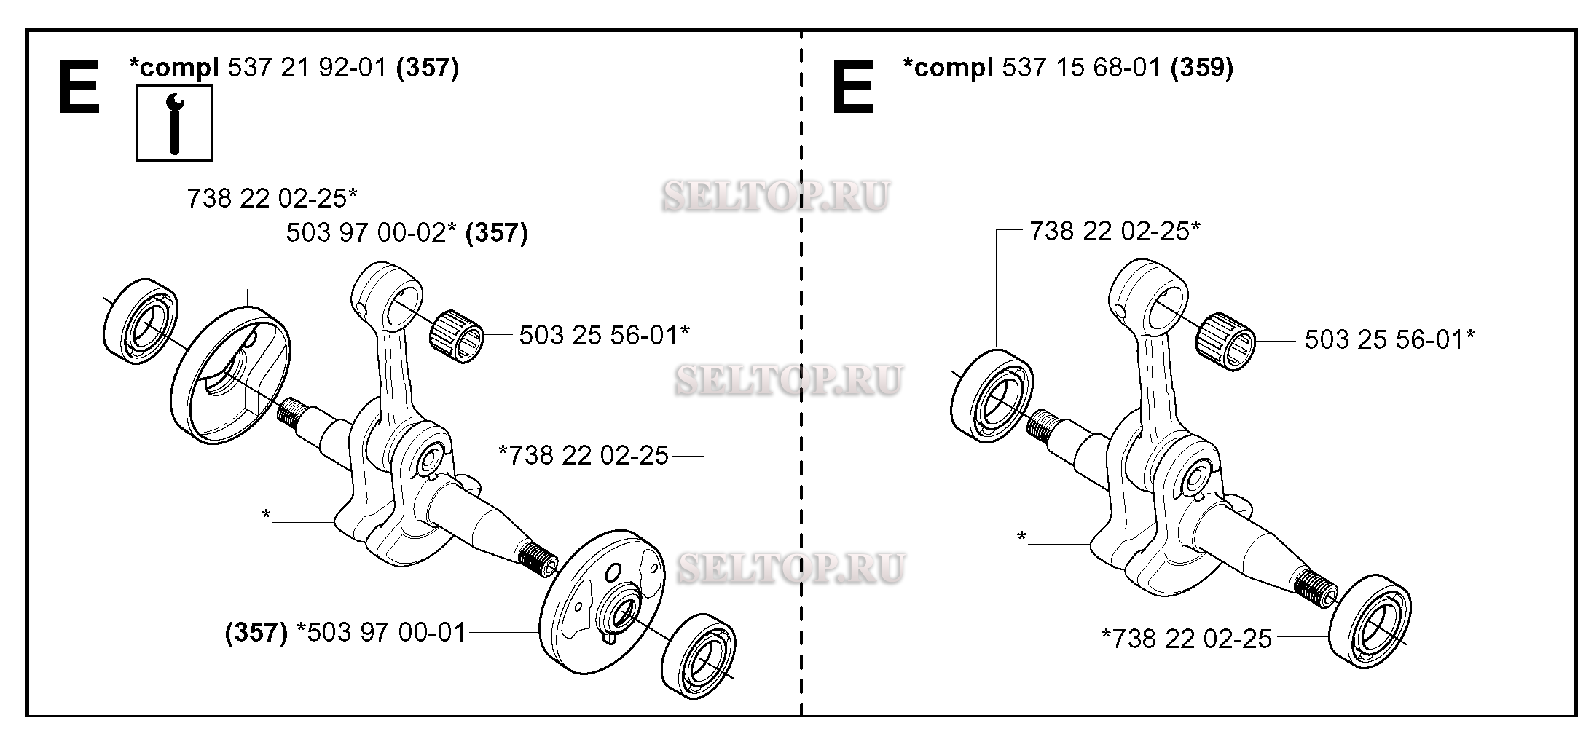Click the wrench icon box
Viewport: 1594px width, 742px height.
174,123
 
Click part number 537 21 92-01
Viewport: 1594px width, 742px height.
307,68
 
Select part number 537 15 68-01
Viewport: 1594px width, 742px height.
1081,68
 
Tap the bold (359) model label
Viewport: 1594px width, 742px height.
1201,68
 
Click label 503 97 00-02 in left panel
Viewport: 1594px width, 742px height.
371,233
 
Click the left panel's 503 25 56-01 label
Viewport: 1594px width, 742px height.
604,335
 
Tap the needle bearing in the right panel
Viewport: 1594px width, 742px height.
1225,341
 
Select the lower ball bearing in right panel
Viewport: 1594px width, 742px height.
1370,621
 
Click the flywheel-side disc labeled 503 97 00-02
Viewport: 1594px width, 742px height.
231,376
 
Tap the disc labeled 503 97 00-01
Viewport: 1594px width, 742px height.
602,600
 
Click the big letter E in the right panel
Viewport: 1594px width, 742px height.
852,87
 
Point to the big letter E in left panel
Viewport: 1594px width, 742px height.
78,87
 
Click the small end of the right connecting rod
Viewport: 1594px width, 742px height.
1150,291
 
